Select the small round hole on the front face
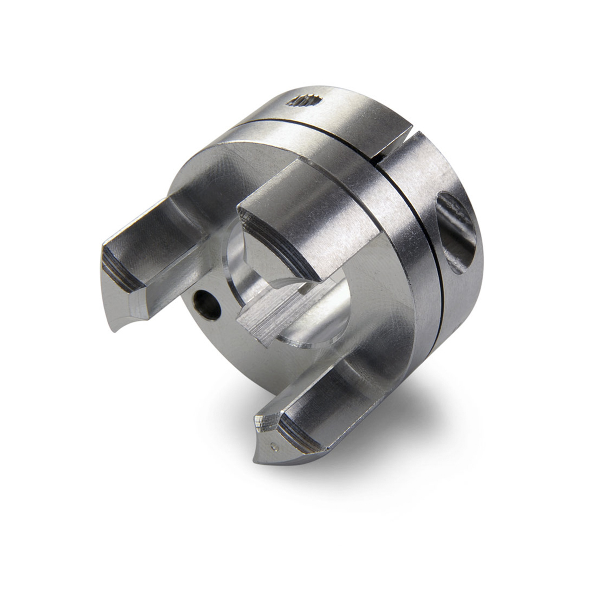click(208, 306)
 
